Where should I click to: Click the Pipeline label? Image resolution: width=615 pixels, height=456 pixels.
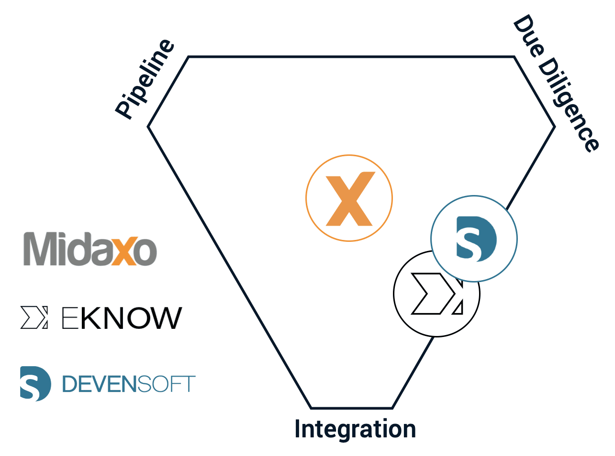[x=145, y=79]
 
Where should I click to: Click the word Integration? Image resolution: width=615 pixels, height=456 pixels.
[x=355, y=429]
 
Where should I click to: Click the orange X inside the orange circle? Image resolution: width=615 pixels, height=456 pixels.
[x=350, y=199]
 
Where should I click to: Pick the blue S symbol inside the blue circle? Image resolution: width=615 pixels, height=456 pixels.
[x=476, y=239]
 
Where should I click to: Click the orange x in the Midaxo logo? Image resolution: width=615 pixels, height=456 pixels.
[x=123, y=251]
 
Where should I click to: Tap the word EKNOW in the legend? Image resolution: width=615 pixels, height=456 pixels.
[x=122, y=318]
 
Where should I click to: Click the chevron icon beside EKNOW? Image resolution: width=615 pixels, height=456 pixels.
[x=34, y=317]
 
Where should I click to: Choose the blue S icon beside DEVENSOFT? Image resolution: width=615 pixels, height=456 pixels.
[x=35, y=384]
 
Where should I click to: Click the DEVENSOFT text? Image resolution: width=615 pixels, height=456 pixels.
[x=129, y=384]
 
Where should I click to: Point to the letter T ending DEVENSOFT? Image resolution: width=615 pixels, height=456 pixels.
[x=188, y=384]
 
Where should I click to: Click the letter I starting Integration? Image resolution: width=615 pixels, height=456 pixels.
[x=298, y=428]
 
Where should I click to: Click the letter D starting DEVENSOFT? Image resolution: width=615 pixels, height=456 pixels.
[x=69, y=384]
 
